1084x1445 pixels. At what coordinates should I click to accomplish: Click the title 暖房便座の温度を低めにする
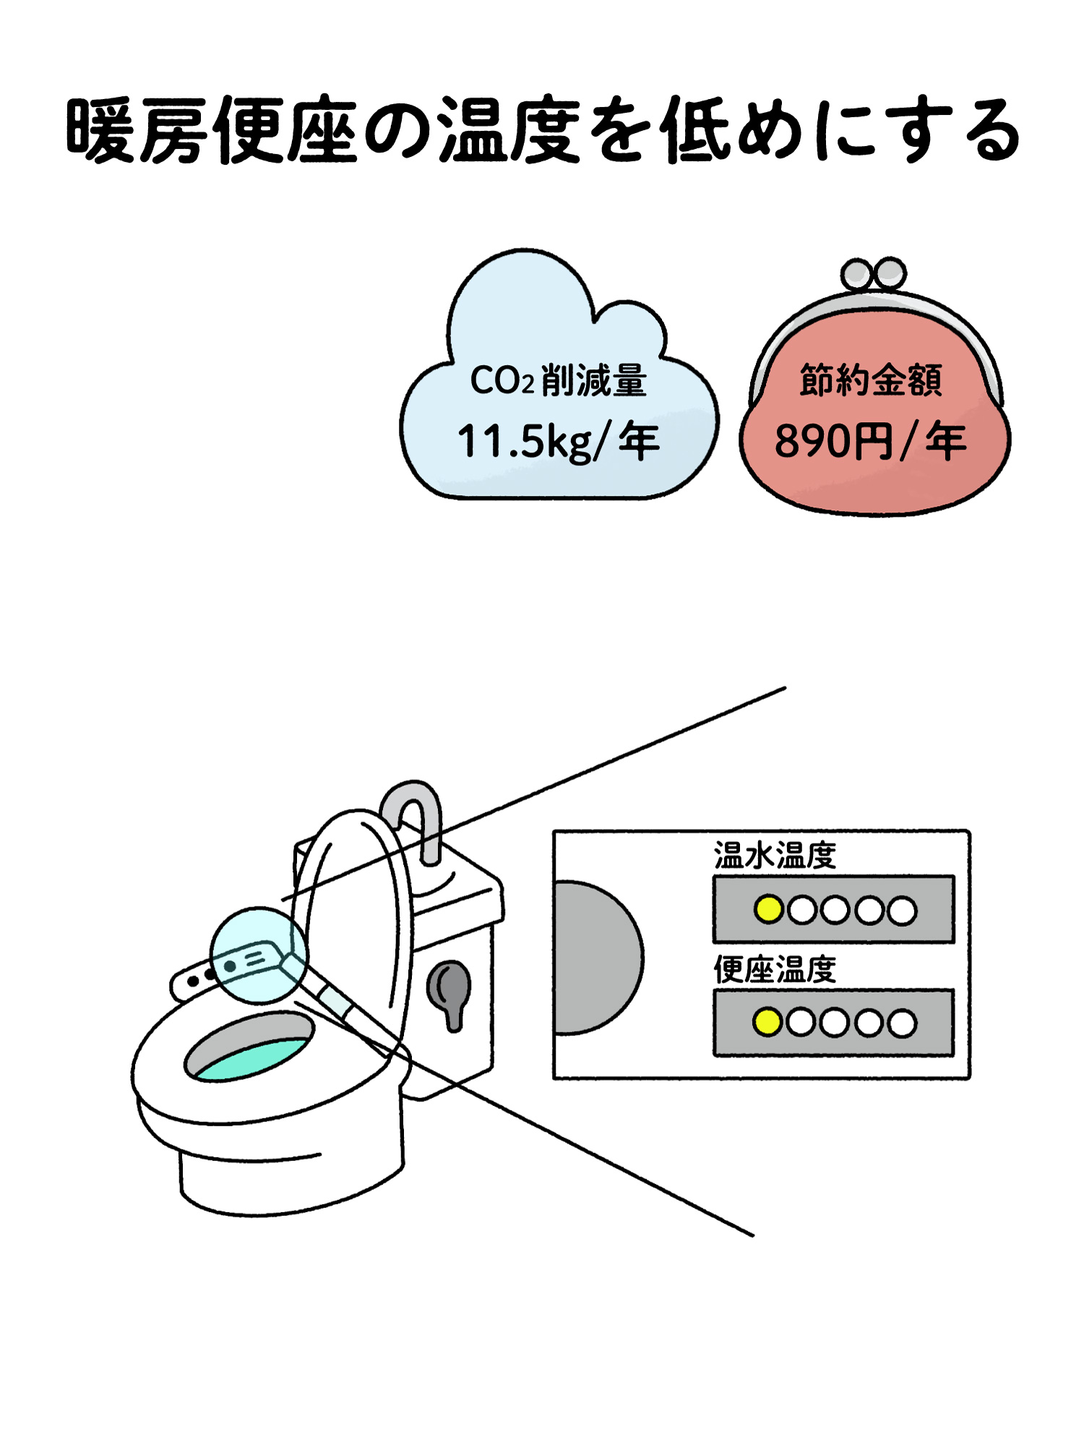click(x=542, y=130)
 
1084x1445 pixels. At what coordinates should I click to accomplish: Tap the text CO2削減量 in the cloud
click(x=558, y=380)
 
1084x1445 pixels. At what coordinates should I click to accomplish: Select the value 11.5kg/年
click(x=558, y=442)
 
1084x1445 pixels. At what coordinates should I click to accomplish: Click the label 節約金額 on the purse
click(x=871, y=380)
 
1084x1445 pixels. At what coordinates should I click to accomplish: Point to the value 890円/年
click(x=871, y=442)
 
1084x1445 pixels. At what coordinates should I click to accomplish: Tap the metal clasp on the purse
click(x=873, y=275)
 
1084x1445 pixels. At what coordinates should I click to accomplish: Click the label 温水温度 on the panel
click(x=775, y=856)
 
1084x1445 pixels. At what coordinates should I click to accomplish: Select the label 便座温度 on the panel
click(x=775, y=969)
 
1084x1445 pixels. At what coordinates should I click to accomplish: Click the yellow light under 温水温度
click(x=768, y=909)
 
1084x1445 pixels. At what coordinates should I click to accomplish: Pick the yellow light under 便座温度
click(x=767, y=1022)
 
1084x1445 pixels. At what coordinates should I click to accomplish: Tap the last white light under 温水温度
click(x=902, y=910)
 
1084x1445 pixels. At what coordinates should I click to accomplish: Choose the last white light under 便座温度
click(x=902, y=1023)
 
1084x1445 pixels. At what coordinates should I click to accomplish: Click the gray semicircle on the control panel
click(x=596, y=958)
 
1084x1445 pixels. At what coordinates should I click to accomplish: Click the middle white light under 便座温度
click(x=835, y=1023)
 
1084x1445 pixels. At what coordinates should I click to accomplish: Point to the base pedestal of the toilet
click(x=289, y=1178)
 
